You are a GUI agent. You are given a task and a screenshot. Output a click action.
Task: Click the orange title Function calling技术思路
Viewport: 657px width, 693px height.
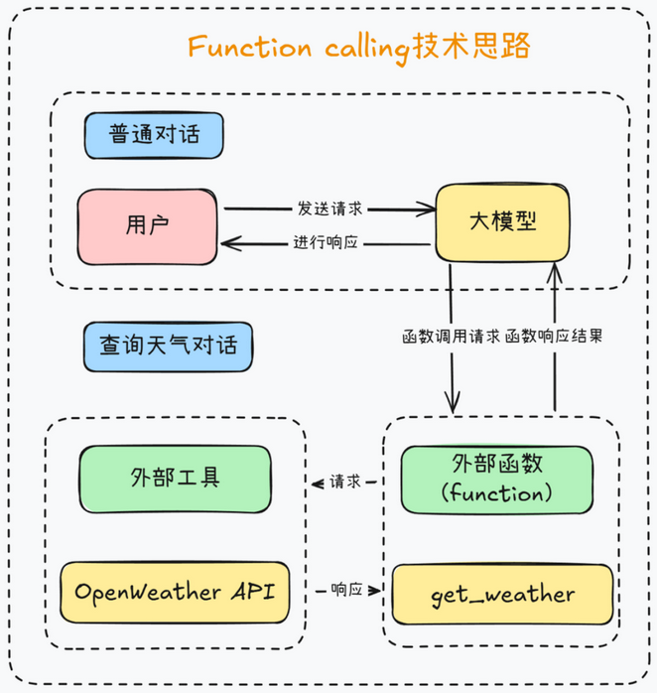(x=360, y=47)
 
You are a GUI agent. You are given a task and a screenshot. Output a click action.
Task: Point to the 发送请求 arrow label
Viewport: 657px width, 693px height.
(x=330, y=209)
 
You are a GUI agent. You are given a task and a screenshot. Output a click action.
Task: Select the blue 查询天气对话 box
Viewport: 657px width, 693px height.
(x=168, y=346)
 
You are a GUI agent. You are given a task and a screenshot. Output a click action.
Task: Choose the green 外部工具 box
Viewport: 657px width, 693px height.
(x=175, y=478)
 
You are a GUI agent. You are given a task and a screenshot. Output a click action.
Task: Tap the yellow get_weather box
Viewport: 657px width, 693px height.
(x=502, y=595)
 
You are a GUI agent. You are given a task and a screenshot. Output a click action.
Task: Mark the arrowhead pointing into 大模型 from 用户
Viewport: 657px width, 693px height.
(x=428, y=209)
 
